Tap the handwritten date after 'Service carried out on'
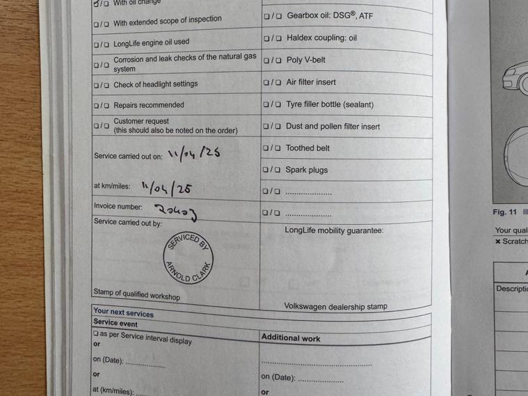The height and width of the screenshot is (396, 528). coord(194,153)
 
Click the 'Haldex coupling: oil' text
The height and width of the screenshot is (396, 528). coord(321,38)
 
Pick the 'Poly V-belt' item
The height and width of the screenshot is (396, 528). coord(305,61)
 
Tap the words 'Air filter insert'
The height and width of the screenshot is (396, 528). coord(311,82)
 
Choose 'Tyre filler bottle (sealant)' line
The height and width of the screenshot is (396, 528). coord(330,104)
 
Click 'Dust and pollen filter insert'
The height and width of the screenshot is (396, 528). coord(333,127)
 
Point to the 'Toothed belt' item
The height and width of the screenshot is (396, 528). coord(307,148)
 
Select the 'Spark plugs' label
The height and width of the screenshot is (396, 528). coord(307,170)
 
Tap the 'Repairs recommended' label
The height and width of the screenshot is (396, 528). coord(149,105)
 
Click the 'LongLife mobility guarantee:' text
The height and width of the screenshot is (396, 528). coord(334,230)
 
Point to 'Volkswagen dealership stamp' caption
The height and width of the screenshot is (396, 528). coord(335,306)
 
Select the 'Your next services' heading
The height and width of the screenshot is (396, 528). coord(123,313)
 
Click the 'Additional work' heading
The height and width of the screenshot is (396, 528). coord(291,338)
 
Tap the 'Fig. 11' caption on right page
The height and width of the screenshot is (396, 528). coord(505,212)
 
